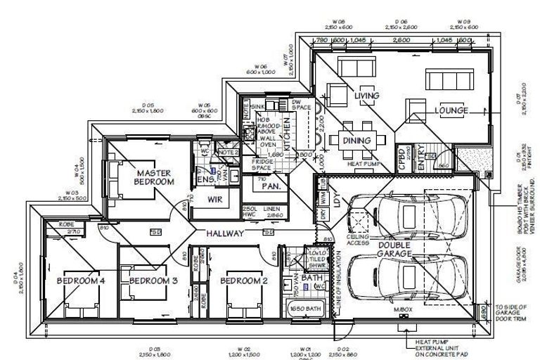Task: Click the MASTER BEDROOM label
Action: tap(155, 177)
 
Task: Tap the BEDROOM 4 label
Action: tap(81, 281)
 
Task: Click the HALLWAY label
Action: tap(225, 233)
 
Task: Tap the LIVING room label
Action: tap(366, 96)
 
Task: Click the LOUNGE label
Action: tap(451, 110)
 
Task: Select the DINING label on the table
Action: tap(356, 141)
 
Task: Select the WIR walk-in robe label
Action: tap(214, 200)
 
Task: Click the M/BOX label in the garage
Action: tap(402, 310)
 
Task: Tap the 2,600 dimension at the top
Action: tap(401, 41)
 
